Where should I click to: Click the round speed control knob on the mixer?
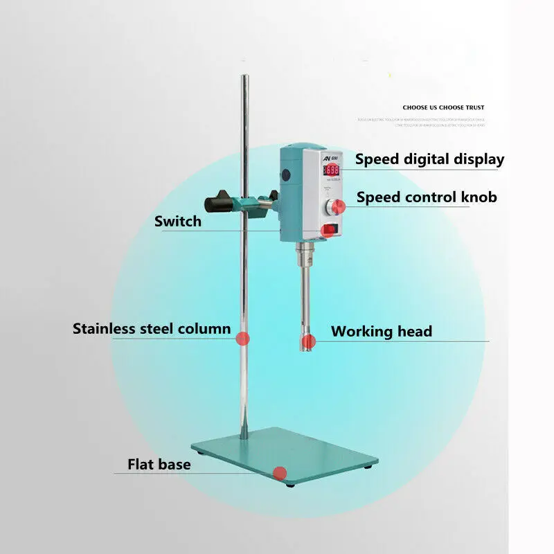(337, 206)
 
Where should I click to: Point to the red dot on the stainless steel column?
(242, 339)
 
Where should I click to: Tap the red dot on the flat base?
(279, 473)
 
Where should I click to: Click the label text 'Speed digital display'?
(429, 159)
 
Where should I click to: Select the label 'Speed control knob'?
(427, 197)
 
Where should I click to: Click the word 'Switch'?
(178, 222)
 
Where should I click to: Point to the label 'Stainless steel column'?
(152, 328)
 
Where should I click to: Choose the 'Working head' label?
(381, 331)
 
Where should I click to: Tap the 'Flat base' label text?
(159, 464)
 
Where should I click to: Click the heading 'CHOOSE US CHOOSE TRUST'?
(443, 107)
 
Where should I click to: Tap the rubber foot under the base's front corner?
(289, 484)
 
